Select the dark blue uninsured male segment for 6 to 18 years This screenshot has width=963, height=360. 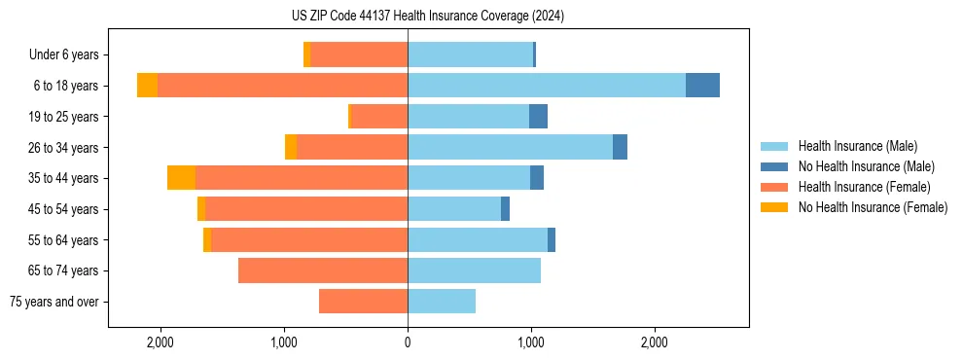[702, 86]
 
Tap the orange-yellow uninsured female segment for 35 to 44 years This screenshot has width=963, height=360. [181, 178]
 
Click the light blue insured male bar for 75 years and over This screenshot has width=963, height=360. [442, 302]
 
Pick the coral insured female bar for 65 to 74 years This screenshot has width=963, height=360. [323, 270]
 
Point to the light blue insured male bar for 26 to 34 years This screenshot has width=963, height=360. [510, 147]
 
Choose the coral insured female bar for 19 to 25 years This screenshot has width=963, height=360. [379, 117]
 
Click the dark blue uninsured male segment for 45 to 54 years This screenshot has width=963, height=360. [505, 209]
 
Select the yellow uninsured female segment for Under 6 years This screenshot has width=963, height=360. [307, 54]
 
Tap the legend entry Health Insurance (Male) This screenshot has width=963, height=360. [857, 146]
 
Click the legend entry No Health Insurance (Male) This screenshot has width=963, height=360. [866, 166]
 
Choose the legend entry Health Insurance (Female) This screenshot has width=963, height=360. [864, 187]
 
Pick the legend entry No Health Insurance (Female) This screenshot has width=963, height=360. [873, 207]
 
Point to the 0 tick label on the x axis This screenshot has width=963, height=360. [408, 342]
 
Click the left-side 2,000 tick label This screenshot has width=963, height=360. [160, 342]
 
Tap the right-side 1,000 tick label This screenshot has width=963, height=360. [531, 342]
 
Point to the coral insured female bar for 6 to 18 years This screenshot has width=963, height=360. [282, 86]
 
